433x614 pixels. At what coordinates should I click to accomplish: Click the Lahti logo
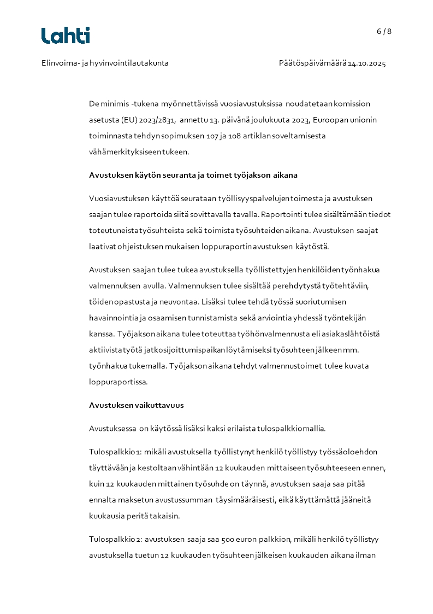pos(66,36)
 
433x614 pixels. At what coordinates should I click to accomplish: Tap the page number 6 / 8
pos(384,31)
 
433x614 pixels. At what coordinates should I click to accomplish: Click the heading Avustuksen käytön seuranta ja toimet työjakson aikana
pos(193,176)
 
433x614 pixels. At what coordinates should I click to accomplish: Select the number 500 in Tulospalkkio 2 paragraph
pos(228,540)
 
